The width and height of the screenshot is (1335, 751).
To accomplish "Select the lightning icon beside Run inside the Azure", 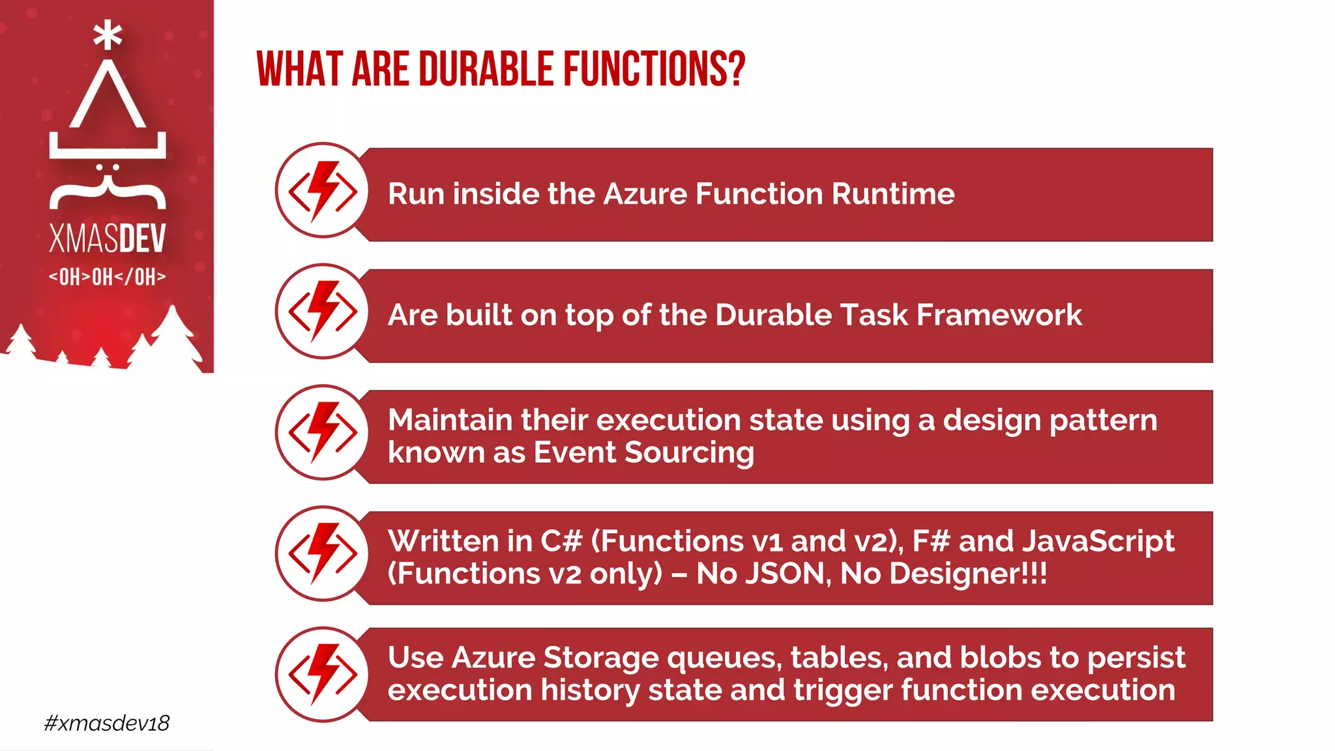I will [323, 191].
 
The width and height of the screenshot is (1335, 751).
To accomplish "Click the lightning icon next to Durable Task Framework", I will [323, 312].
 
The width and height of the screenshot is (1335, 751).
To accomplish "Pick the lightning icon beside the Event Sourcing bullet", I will [323, 433].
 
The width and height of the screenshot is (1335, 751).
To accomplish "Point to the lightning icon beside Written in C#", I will [323, 554].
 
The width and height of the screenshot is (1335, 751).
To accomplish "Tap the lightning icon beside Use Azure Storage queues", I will [323, 675].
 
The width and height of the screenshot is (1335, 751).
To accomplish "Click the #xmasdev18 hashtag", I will [107, 723].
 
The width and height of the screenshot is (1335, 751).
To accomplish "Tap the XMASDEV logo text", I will [108, 238].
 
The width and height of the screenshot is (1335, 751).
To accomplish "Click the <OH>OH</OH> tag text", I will [108, 276].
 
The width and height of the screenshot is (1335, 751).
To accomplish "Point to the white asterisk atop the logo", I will [108, 35].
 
